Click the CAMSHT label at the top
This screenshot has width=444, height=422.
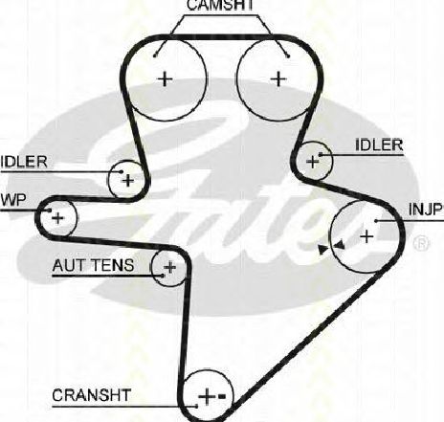(x=220, y=5)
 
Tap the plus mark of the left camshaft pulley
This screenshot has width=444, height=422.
(x=165, y=78)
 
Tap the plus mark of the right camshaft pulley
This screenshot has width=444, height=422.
(x=278, y=78)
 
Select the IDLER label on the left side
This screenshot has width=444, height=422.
(x=24, y=162)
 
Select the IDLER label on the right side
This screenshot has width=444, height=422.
(x=379, y=145)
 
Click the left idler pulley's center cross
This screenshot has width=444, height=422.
(x=128, y=181)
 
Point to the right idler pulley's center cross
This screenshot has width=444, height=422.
(x=312, y=162)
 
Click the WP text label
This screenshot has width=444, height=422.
(x=13, y=200)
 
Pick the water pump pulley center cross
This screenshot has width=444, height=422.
(x=57, y=218)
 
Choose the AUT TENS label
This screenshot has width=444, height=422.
(x=93, y=265)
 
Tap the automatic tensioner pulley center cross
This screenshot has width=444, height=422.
(x=169, y=267)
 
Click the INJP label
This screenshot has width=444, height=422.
(x=426, y=210)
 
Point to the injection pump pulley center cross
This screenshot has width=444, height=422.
(x=366, y=236)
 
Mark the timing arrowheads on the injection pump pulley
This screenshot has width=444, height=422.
(x=331, y=246)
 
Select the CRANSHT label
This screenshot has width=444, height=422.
(x=92, y=395)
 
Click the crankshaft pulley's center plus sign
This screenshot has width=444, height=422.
(x=207, y=396)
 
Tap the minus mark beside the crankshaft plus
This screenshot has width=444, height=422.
(x=222, y=396)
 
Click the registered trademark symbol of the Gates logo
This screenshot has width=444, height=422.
(x=421, y=243)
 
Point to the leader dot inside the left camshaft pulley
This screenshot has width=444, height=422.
(x=155, y=56)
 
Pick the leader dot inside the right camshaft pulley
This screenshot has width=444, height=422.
(x=288, y=56)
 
